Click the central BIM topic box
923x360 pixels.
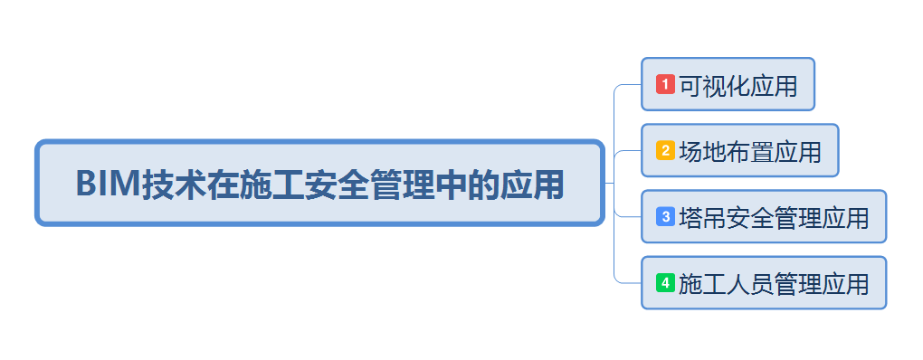coord(319,183)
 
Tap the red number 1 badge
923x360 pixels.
coord(665,84)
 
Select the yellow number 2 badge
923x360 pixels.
coord(665,150)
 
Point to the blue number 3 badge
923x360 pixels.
coord(665,217)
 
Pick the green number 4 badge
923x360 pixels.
coord(665,283)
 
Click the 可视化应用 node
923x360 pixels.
coord(728,84)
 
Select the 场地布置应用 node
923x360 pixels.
coord(739,150)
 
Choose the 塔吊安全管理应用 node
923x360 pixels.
coord(763,217)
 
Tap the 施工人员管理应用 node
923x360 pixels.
coord(763,283)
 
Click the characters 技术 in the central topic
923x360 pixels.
coord(168,184)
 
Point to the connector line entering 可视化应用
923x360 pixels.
coord(628,85)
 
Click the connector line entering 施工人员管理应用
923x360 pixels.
coord(628,282)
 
